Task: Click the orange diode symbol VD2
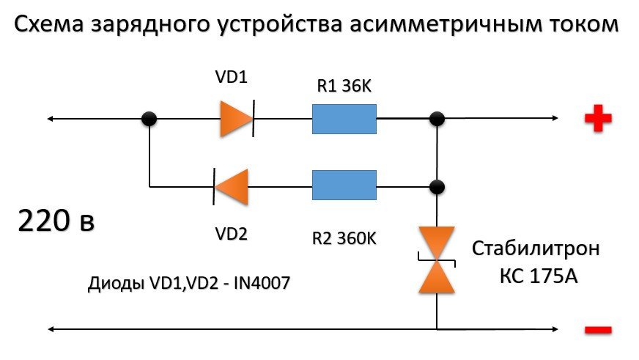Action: click(x=232, y=186)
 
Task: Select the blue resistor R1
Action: click(x=344, y=119)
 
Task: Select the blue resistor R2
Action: click(x=344, y=185)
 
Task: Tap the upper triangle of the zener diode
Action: click(x=437, y=243)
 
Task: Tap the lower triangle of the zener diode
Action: click(x=437, y=278)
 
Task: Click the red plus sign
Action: click(x=598, y=119)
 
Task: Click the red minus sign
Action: click(x=598, y=331)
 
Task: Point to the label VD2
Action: click(x=231, y=234)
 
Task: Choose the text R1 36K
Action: click(x=344, y=87)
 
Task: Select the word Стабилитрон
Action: click(x=536, y=249)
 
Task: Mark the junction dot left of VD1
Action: click(x=149, y=119)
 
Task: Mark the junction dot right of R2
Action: click(x=437, y=186)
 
